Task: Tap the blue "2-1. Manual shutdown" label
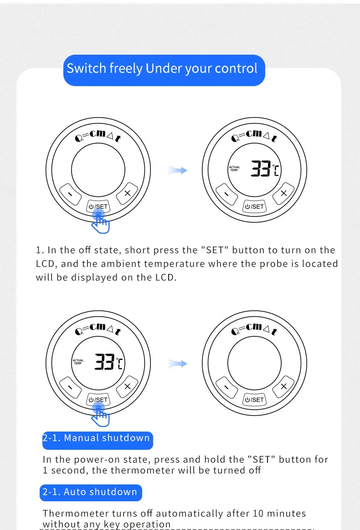coord(98,440)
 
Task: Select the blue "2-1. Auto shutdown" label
coord(91,493)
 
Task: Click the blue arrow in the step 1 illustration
coord(178,170)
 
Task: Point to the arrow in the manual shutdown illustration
coord(178,363)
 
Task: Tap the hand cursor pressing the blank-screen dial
coord(100,222)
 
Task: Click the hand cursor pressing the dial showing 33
coord(100,415)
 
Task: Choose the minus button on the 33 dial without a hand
coord(226,194)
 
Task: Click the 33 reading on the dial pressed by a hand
coord(104,361)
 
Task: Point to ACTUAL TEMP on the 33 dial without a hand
coord(234,168)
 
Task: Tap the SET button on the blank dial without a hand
coord(255,400)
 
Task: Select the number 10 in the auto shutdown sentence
coord(258,514)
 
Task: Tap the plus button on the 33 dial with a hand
coord(127,386)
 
